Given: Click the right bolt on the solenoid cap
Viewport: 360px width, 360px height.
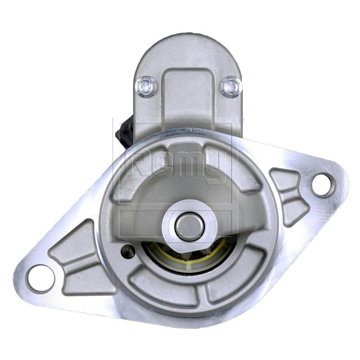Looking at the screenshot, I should coord(232,86).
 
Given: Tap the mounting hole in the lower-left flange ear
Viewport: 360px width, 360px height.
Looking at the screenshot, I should coord(41,279).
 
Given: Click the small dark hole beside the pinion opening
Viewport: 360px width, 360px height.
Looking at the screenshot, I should coord(127,251).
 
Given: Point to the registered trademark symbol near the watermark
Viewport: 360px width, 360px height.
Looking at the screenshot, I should coord(242,120).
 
